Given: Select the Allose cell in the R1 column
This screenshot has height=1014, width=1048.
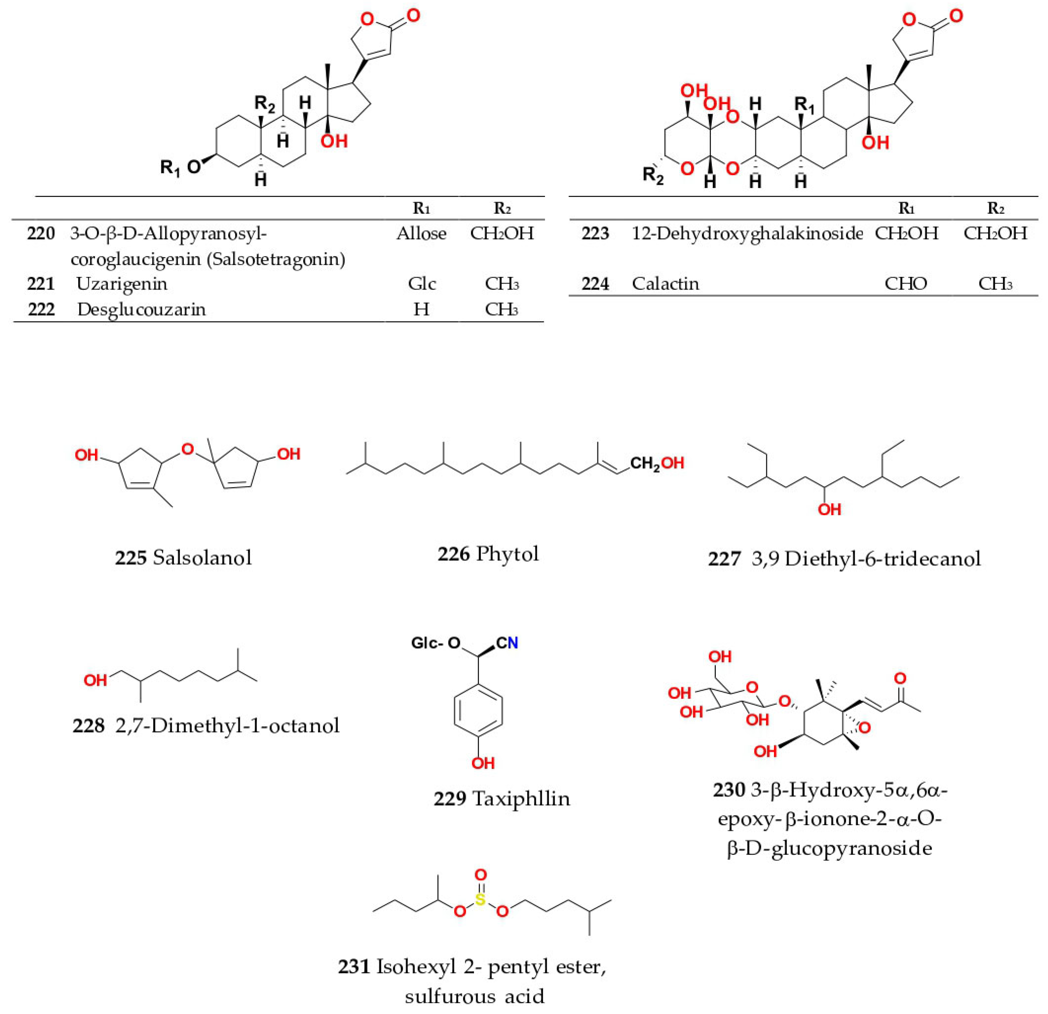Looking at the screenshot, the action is (421, 233).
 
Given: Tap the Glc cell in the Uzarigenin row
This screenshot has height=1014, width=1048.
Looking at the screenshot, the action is (421, 283).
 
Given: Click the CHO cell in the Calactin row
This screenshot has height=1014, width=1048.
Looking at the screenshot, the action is (906, 283).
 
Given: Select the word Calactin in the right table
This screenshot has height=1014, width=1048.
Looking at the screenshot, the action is (665, 283).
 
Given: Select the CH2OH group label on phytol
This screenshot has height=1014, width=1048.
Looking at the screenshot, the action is (657, 463).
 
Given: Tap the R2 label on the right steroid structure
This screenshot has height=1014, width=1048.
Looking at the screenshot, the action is (653, 175).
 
